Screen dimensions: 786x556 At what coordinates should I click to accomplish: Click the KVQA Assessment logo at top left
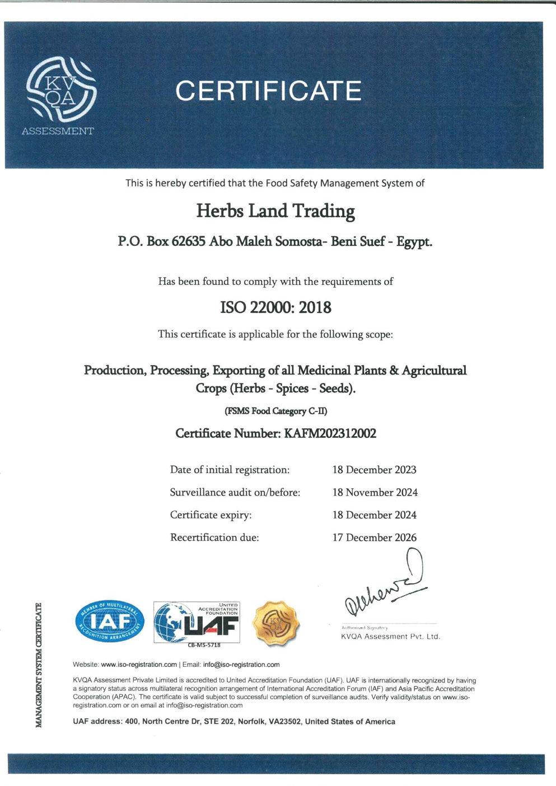pos(60,94)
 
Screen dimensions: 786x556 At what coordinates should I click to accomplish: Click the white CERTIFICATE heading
pos(268,91)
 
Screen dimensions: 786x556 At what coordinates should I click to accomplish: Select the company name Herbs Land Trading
pos(275,211)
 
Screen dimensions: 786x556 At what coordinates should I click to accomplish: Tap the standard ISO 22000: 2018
pos(275,307)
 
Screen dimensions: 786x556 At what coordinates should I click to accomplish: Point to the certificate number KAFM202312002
pos(330,433)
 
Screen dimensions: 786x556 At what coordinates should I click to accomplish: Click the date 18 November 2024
pos(375,493)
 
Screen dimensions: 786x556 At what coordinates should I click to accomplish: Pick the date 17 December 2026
pos(374,537)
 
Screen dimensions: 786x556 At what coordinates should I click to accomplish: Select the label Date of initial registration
pos(230,470)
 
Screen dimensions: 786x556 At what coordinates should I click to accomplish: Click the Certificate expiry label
pos(211,515)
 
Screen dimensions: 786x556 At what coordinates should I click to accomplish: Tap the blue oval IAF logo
pos(110,621)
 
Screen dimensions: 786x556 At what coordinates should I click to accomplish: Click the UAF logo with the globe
pos(197,623)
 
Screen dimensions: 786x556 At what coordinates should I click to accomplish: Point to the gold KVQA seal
pos(275,623)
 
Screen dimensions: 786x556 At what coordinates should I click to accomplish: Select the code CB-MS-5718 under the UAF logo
pos(204,645)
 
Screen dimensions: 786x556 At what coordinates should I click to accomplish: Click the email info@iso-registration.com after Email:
pos(241,665)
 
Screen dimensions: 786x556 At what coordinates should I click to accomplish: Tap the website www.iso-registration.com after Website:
pos(139,665)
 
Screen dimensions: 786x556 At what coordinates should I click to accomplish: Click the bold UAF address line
pos(233,722)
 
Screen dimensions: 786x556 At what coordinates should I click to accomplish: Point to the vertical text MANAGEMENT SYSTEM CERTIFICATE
pos(39,665)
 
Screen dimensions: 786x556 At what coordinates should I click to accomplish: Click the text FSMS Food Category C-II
pos(275,411)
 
